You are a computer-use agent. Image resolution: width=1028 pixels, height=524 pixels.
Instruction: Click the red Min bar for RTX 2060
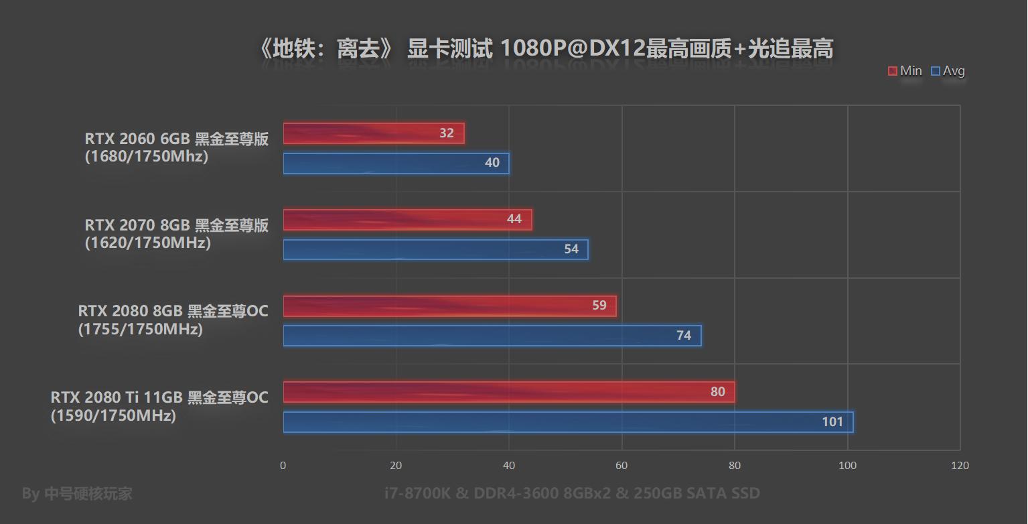coord(373,133)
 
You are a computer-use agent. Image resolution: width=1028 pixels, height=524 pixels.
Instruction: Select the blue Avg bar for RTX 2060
coord(395,163)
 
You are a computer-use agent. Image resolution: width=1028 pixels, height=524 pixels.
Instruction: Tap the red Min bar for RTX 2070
coord(407,220)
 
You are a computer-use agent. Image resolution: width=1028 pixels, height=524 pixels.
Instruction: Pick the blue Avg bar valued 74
coord(492,336)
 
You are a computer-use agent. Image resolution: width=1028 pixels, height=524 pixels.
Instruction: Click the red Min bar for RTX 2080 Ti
coord(508,392)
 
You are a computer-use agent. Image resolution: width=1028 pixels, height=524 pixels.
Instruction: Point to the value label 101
coord(832,422)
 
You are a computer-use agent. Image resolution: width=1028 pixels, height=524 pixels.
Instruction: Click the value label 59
coord(599,306)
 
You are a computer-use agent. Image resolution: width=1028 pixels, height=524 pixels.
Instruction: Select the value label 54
coord(571,249)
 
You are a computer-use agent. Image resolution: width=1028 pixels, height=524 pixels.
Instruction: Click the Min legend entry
coord(905,71)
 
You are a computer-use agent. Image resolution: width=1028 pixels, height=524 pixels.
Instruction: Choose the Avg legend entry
coord(948,71)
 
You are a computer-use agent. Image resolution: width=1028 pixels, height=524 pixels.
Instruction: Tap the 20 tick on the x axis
coord(396,466)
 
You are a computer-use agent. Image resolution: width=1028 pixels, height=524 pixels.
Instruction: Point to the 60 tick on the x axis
coord(621,466)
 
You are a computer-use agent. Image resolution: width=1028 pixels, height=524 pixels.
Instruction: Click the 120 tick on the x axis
coord(960,466)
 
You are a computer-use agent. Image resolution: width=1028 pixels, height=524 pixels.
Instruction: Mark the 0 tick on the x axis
coord(283,466)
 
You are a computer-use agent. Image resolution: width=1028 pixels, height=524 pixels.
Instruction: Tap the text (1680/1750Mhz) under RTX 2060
coord(147,156)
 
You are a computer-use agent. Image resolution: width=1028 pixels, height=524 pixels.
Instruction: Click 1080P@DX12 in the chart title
coord(573,49)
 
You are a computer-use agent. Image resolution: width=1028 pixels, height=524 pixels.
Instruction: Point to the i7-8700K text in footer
coord(418,494)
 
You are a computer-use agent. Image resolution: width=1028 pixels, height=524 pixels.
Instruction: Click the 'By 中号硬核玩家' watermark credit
coord(77,494)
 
